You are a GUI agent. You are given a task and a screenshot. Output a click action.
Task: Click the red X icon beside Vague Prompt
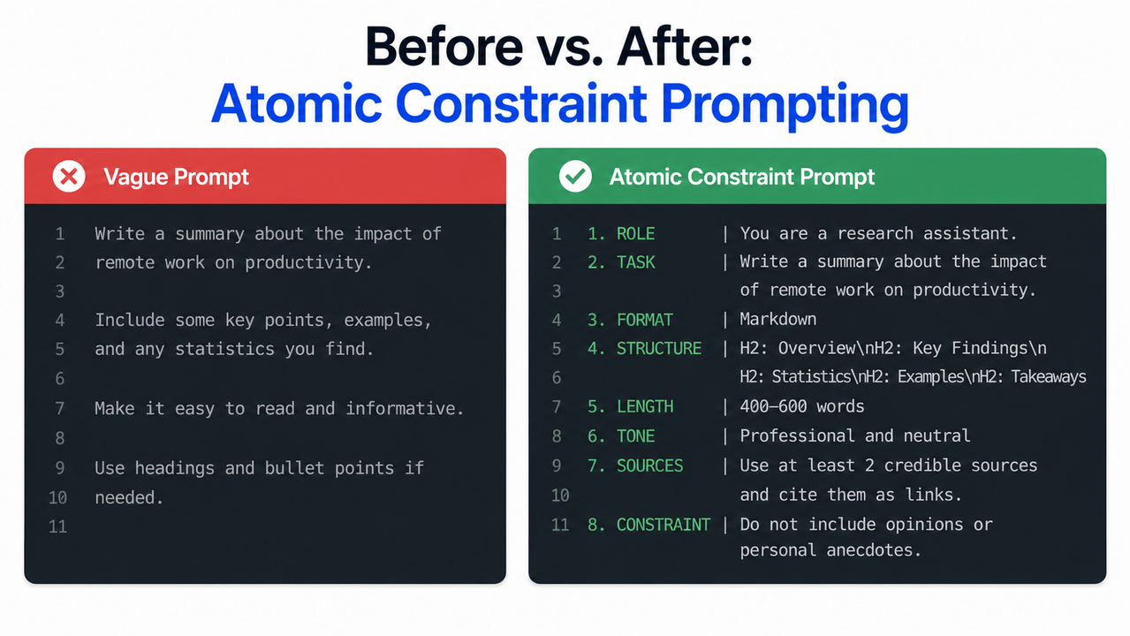(68, 177)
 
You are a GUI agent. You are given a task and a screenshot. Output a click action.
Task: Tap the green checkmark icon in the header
(575, 177)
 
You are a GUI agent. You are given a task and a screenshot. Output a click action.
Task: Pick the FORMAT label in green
(644, 320)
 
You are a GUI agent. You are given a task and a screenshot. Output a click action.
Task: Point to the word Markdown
(778, 320)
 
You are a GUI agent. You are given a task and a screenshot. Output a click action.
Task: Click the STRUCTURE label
(658, 348)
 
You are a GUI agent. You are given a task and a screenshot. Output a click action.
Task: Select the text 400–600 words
(802, 407)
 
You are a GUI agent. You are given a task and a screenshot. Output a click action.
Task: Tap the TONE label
(635, 436)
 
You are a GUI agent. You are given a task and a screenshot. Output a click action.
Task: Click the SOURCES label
(649, 466)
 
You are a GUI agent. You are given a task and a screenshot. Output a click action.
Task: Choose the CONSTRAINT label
(663, 525)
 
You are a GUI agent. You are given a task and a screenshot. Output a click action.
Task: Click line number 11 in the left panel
(58, 527)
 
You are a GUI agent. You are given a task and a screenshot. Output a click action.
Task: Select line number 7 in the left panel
(60, 409)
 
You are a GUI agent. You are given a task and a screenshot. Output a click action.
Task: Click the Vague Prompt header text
(176, 177)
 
